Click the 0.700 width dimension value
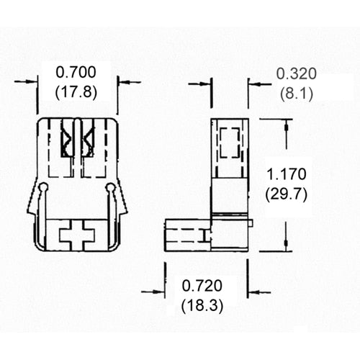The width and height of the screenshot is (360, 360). click(x=76, y=73)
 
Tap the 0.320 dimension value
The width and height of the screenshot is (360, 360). click(x=296, y=73)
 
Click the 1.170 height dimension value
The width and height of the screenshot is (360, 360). click(x=287, y=174)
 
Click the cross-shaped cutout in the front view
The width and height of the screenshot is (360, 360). click(x=77, y=235)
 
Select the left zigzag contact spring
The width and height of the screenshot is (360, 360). click(x=67, y=139)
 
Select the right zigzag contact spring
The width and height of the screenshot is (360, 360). click(x=88, y=139)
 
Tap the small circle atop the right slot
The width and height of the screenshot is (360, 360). click(x=110, y=188)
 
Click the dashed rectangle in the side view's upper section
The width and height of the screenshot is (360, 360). click(x=230, y=143)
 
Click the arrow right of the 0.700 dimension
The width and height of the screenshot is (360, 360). click(x=129, y=82)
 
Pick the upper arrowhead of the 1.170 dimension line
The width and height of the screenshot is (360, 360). click(x=286, y=127)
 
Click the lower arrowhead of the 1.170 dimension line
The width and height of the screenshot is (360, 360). click(x=286, y=243)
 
